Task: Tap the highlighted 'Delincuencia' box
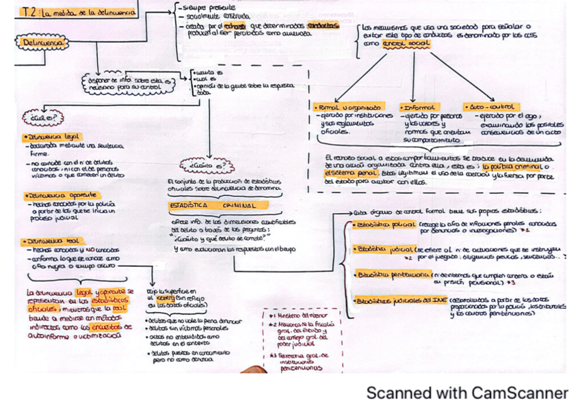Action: click(x=43, y=42)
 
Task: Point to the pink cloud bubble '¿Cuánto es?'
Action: click(x=205, y=164)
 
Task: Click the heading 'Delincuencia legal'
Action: click(x=52, y=137)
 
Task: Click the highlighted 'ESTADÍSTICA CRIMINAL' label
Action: click(x=213, y=205)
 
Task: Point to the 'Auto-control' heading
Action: click(x=490, y=107)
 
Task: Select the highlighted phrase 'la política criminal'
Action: click(x=516, y=166)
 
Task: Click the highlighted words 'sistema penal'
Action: click(x=349, y=174)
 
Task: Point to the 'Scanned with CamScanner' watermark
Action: click(x=466, y=393)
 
